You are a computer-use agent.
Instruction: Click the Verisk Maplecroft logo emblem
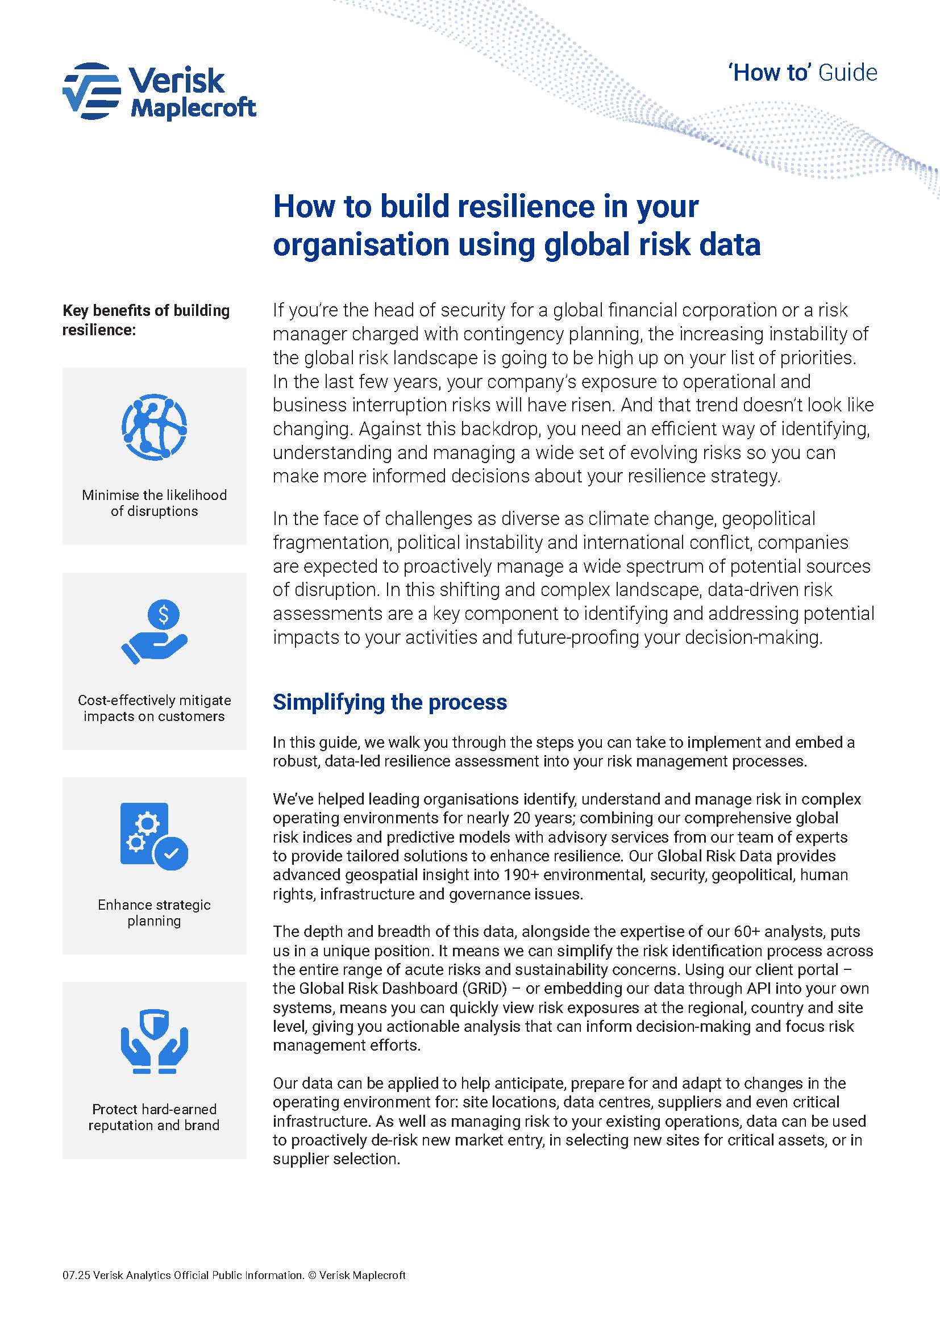click(x=91, y=91)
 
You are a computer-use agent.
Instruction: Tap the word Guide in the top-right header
click(x=847, y=73)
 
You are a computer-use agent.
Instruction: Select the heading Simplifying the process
click(x=389, y=702)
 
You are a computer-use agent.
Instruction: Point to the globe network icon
click(x=154, y=427)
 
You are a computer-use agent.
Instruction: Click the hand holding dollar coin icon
click(x=154, y=631)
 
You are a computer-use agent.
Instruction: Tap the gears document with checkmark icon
click(x=154, y=836)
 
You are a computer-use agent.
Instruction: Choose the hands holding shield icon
click(x=154, y=1042)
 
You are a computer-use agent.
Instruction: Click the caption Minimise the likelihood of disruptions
click(x=154, y=503)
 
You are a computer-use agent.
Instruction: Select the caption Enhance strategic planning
click(x=154, y=913)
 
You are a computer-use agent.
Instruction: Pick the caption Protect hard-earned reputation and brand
click(x=154, y=1117)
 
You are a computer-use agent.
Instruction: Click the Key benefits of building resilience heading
click(x=146, y=320)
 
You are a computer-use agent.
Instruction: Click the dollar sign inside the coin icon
click(x=164, y=614)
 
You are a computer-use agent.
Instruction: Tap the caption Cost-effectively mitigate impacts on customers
click(x=154, y=709)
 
